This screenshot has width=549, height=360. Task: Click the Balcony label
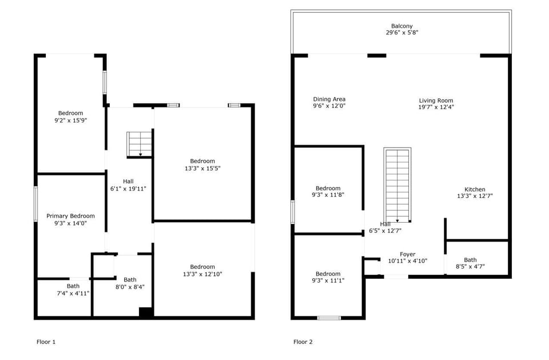point(401,26)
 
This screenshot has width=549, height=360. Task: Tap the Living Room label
point(436,100)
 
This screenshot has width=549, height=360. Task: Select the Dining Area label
point(329,99)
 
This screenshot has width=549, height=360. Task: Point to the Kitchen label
point(475,189)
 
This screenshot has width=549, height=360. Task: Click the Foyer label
point(407,254)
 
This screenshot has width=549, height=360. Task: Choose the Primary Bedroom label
point(70,216)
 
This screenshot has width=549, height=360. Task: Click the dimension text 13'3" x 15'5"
point(202,168)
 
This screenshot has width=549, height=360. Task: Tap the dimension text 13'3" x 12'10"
point(202,274)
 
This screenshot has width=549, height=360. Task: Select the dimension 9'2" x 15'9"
point(70,120)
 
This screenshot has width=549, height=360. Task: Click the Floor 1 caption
point(46,342)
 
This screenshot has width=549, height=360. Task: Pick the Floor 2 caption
point(303,342)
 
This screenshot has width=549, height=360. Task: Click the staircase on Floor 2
point(397,185)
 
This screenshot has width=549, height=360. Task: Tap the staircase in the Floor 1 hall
point(140,144)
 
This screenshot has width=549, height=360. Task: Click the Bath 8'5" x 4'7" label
point(470,260)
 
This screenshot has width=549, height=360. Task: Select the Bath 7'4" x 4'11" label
point(73,286)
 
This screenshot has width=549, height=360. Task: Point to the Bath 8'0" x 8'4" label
point(130,280)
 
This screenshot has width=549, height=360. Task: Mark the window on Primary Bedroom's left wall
point(35,204)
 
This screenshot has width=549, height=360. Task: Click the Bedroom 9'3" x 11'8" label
point(328,188)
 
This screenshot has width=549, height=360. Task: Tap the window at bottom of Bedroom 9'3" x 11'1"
point(329,318)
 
